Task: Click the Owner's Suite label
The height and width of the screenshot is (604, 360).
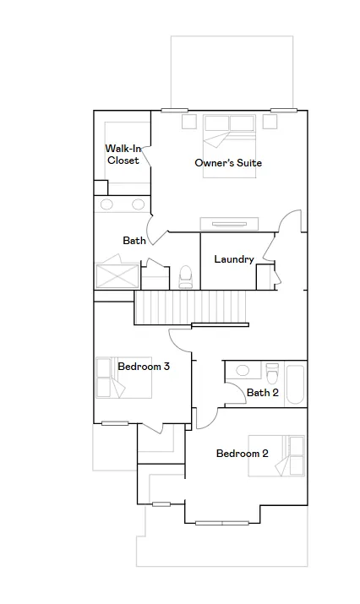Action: pos(228,163)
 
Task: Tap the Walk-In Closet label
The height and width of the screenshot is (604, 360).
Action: pos(123,154)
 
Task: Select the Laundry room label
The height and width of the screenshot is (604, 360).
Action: pos(234,259)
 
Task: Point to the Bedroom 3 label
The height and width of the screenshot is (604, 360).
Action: pos(144,366)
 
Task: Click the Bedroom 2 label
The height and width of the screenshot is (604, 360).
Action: pos(242,454)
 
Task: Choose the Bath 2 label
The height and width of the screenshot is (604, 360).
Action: pos(263,393)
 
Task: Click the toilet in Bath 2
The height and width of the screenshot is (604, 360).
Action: pos(272,373)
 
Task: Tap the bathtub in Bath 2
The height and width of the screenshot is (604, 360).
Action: pos(296,384)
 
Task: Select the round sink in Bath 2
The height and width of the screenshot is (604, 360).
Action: pos(243,371)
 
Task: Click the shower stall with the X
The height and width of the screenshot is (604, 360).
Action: pos(117,275)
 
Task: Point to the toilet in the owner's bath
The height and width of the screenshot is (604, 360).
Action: pos(185,276)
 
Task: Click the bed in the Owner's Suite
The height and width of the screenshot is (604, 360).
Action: pos(230,146)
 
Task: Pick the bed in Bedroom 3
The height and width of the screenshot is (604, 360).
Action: pos(123,378)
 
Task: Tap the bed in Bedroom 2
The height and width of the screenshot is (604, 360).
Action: pos(276,456)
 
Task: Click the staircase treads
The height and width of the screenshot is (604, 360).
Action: pos(190,307)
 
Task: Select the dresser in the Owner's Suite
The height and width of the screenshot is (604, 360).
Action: pos(229,224)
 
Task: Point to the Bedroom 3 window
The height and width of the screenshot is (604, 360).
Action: pos(115,423)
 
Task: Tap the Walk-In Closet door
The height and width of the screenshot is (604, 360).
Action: pos(146,157)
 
